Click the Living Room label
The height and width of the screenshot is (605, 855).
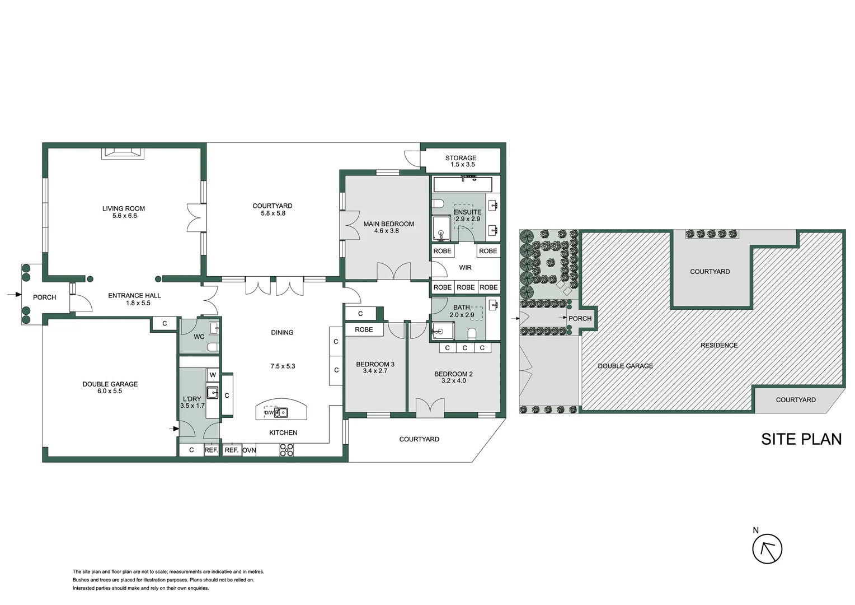123,209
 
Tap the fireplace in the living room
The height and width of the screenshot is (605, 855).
123,153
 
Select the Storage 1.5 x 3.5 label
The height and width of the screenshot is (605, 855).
461,161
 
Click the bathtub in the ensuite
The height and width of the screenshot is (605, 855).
463,185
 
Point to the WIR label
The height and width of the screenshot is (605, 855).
466,268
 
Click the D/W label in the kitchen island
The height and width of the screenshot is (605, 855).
269,413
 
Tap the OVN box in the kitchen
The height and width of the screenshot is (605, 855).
249,450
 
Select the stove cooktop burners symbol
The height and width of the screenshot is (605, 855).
286,450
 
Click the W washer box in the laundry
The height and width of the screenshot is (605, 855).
213,375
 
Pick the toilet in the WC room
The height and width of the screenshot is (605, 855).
213,347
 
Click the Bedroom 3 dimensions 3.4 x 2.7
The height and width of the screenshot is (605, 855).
375,371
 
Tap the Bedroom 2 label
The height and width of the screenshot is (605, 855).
453,374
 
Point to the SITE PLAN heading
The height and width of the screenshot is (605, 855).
801,440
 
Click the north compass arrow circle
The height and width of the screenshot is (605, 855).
767,549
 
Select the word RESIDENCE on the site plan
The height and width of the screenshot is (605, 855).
719,346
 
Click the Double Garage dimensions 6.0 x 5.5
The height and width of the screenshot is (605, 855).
110,392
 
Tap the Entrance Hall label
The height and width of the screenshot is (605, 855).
134,295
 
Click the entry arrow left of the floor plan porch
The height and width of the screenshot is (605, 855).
15,294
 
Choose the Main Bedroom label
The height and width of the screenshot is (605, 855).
388,224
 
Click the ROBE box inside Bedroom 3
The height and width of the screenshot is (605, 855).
364,329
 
